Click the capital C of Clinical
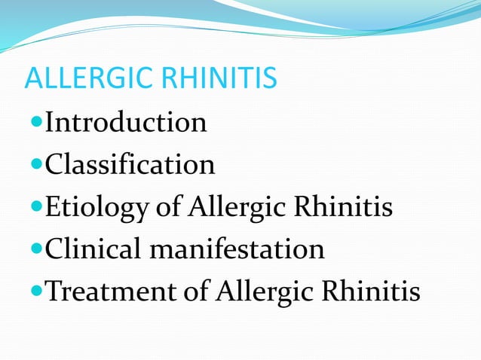pyautogui.click(x=54, y=249)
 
